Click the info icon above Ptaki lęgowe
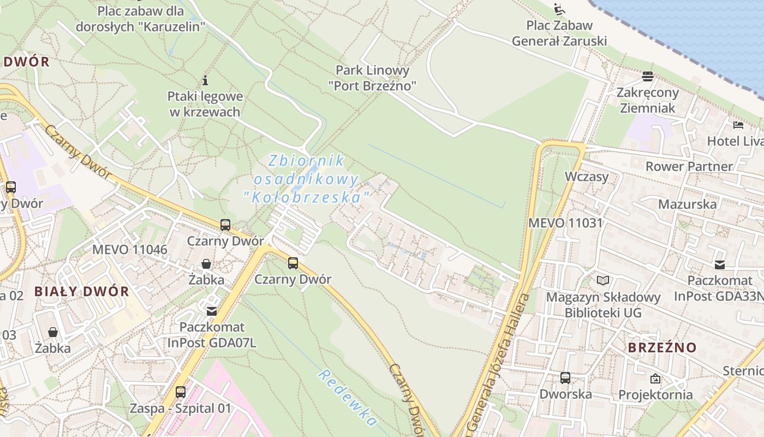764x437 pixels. [205, 81]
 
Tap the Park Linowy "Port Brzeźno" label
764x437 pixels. [372, 78]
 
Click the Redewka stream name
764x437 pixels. [348, 398]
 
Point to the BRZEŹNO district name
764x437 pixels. [662, 347]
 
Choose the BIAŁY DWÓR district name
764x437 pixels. [82, 291]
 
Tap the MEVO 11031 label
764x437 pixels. [565, 223]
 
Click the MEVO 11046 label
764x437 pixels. [129, 250]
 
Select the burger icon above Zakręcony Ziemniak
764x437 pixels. [648, 76]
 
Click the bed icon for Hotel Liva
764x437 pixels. [738, 125]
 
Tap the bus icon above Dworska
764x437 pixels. [565, 378]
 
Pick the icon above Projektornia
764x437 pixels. [655, 378]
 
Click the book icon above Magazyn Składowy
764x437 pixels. [602, 281]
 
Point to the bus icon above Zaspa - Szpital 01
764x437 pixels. [180, 392]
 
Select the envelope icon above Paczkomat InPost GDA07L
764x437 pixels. [211, 311]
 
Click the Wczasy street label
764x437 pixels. [587, 176]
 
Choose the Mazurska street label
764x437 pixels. [687, 204]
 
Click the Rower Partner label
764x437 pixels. [689, 166]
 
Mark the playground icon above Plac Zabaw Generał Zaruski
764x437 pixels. [559, 9]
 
